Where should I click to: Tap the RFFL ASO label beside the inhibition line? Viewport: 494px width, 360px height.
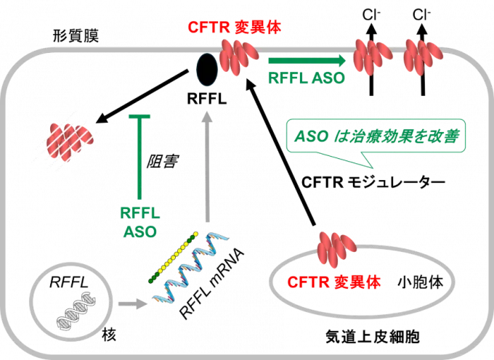139,221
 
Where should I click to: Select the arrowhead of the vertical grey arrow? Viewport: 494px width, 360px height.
208,116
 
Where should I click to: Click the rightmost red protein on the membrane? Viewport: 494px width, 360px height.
423,54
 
